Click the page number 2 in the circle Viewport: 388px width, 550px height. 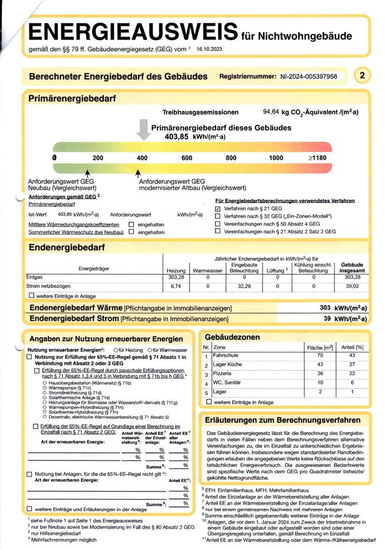tap(363, 74)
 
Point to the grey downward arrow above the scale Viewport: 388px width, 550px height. tap(143, 131)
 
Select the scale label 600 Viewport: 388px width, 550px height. tap(186, 158)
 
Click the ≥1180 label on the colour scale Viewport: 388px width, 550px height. tap(318, 158)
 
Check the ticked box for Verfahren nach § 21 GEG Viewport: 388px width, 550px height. tap(218, 209)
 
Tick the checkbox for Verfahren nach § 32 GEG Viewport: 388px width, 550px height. tap(218, 217)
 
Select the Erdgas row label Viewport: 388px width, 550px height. tap(36, 277)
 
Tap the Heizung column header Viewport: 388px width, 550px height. tap(175, 270)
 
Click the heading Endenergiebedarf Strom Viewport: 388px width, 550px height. tap(74, 319)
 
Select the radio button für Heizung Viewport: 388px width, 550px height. tap(116, 349)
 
